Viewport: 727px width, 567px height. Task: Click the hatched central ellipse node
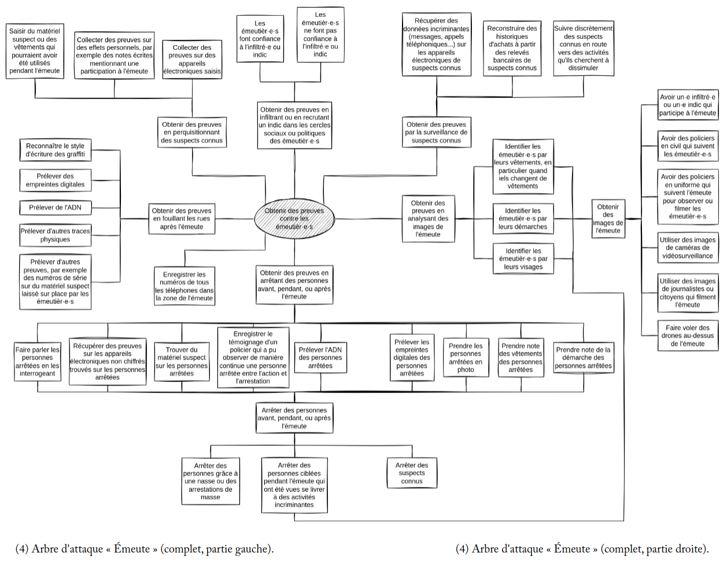(x=294, y=218)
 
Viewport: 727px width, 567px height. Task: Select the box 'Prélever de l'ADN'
(x=56, y=207)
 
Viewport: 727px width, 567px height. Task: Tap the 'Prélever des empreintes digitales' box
(x=55, y=180)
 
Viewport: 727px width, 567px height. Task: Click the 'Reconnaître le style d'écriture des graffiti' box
(x=55, y=150)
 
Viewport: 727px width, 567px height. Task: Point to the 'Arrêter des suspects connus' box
(x=412, y=473)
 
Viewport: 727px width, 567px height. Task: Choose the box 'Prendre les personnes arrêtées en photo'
(x=466, y=358)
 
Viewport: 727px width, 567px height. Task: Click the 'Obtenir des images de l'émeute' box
(x=608, y=218)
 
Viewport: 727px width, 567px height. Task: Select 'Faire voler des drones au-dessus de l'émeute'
(x=688, y=335)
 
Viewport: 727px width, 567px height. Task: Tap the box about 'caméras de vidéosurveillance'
(x=688, y=247)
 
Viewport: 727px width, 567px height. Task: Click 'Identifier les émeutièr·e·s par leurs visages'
(x=523, y=259)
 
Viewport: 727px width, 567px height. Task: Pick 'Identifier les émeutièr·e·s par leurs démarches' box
(x=523, y=218)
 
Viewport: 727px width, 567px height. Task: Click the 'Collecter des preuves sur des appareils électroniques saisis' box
(x=192, y=60)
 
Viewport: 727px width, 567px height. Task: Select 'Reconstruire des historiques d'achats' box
(x=512, y=48)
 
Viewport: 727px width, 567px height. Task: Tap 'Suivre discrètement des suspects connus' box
(x=583, y=48)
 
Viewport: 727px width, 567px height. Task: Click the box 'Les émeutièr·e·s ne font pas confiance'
(x=320, y=35)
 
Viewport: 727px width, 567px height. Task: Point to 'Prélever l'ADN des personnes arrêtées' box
(x=320, y=357)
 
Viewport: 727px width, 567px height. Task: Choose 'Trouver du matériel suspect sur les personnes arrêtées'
(x=182, y=361)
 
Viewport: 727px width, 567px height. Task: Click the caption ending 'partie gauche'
(x=145, y=549)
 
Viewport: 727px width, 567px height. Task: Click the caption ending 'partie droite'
(x=582, y=549)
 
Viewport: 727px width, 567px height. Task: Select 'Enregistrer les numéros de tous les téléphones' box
(x=184, y=286)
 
